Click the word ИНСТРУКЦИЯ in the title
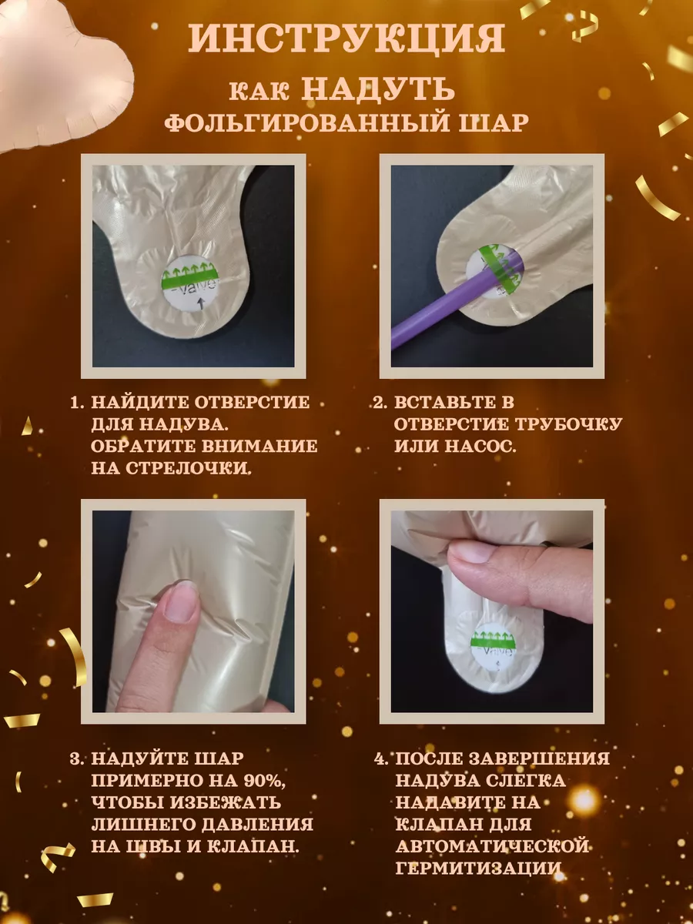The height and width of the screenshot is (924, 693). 346,38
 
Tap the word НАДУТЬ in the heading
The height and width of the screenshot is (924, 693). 379,88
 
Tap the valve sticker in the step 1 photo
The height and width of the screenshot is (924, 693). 191,283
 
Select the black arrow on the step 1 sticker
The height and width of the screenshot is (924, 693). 203,303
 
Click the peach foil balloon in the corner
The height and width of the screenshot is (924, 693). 63,75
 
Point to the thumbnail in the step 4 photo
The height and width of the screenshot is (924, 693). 469,554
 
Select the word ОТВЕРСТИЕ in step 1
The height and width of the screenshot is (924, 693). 252,402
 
